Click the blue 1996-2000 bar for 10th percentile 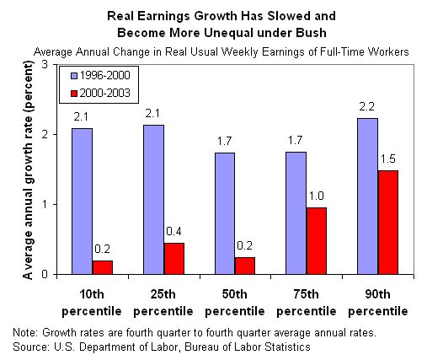point(83,201)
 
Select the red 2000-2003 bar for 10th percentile point(103,267)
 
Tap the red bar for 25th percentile point(174,259)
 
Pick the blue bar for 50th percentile point(225,213)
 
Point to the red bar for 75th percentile point(317,241)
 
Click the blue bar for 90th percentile point(367,196)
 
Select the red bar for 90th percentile point(388,223)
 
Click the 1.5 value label point(388,159)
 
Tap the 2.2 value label point(367,106)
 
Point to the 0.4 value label point(173,231)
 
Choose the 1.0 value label point(316,196)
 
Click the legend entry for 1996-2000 point(101,76)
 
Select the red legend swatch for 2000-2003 point(74,94)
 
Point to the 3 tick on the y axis point(45,65)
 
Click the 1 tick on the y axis point(45,204)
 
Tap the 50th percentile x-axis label point(235,303)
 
